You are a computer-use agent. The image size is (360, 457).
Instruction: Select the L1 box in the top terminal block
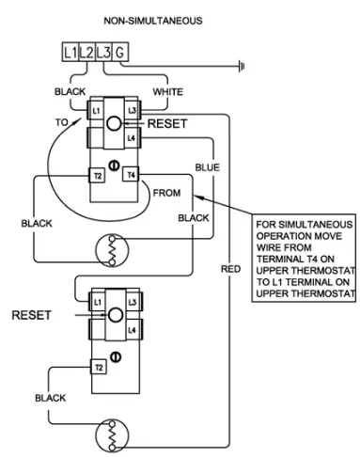[x=70, y=54]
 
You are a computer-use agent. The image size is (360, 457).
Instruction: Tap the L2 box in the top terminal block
[x=86, y=54]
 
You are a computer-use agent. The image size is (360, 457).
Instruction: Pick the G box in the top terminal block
[x=119, y=54]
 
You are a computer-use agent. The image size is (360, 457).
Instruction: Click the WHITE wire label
[x=167, y=92]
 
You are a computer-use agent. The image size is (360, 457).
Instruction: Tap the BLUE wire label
[x=206, y=166]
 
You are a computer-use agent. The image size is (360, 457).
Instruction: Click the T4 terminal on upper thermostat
[x=131, y=176]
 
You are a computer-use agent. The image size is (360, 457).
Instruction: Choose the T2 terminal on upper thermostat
[x=97, y=176]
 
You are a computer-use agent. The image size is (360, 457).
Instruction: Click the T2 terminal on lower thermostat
[x=97, y=366]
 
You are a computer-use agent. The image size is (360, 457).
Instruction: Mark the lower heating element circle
[x=111, y=435]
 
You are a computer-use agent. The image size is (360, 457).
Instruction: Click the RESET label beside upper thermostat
[x=167, y=123]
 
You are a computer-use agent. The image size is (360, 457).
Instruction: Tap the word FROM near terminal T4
[x=166, y=192]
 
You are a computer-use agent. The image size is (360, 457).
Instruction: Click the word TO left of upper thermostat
[x=62, y=121]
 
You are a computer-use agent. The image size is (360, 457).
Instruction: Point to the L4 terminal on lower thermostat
[x=131, y=331]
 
